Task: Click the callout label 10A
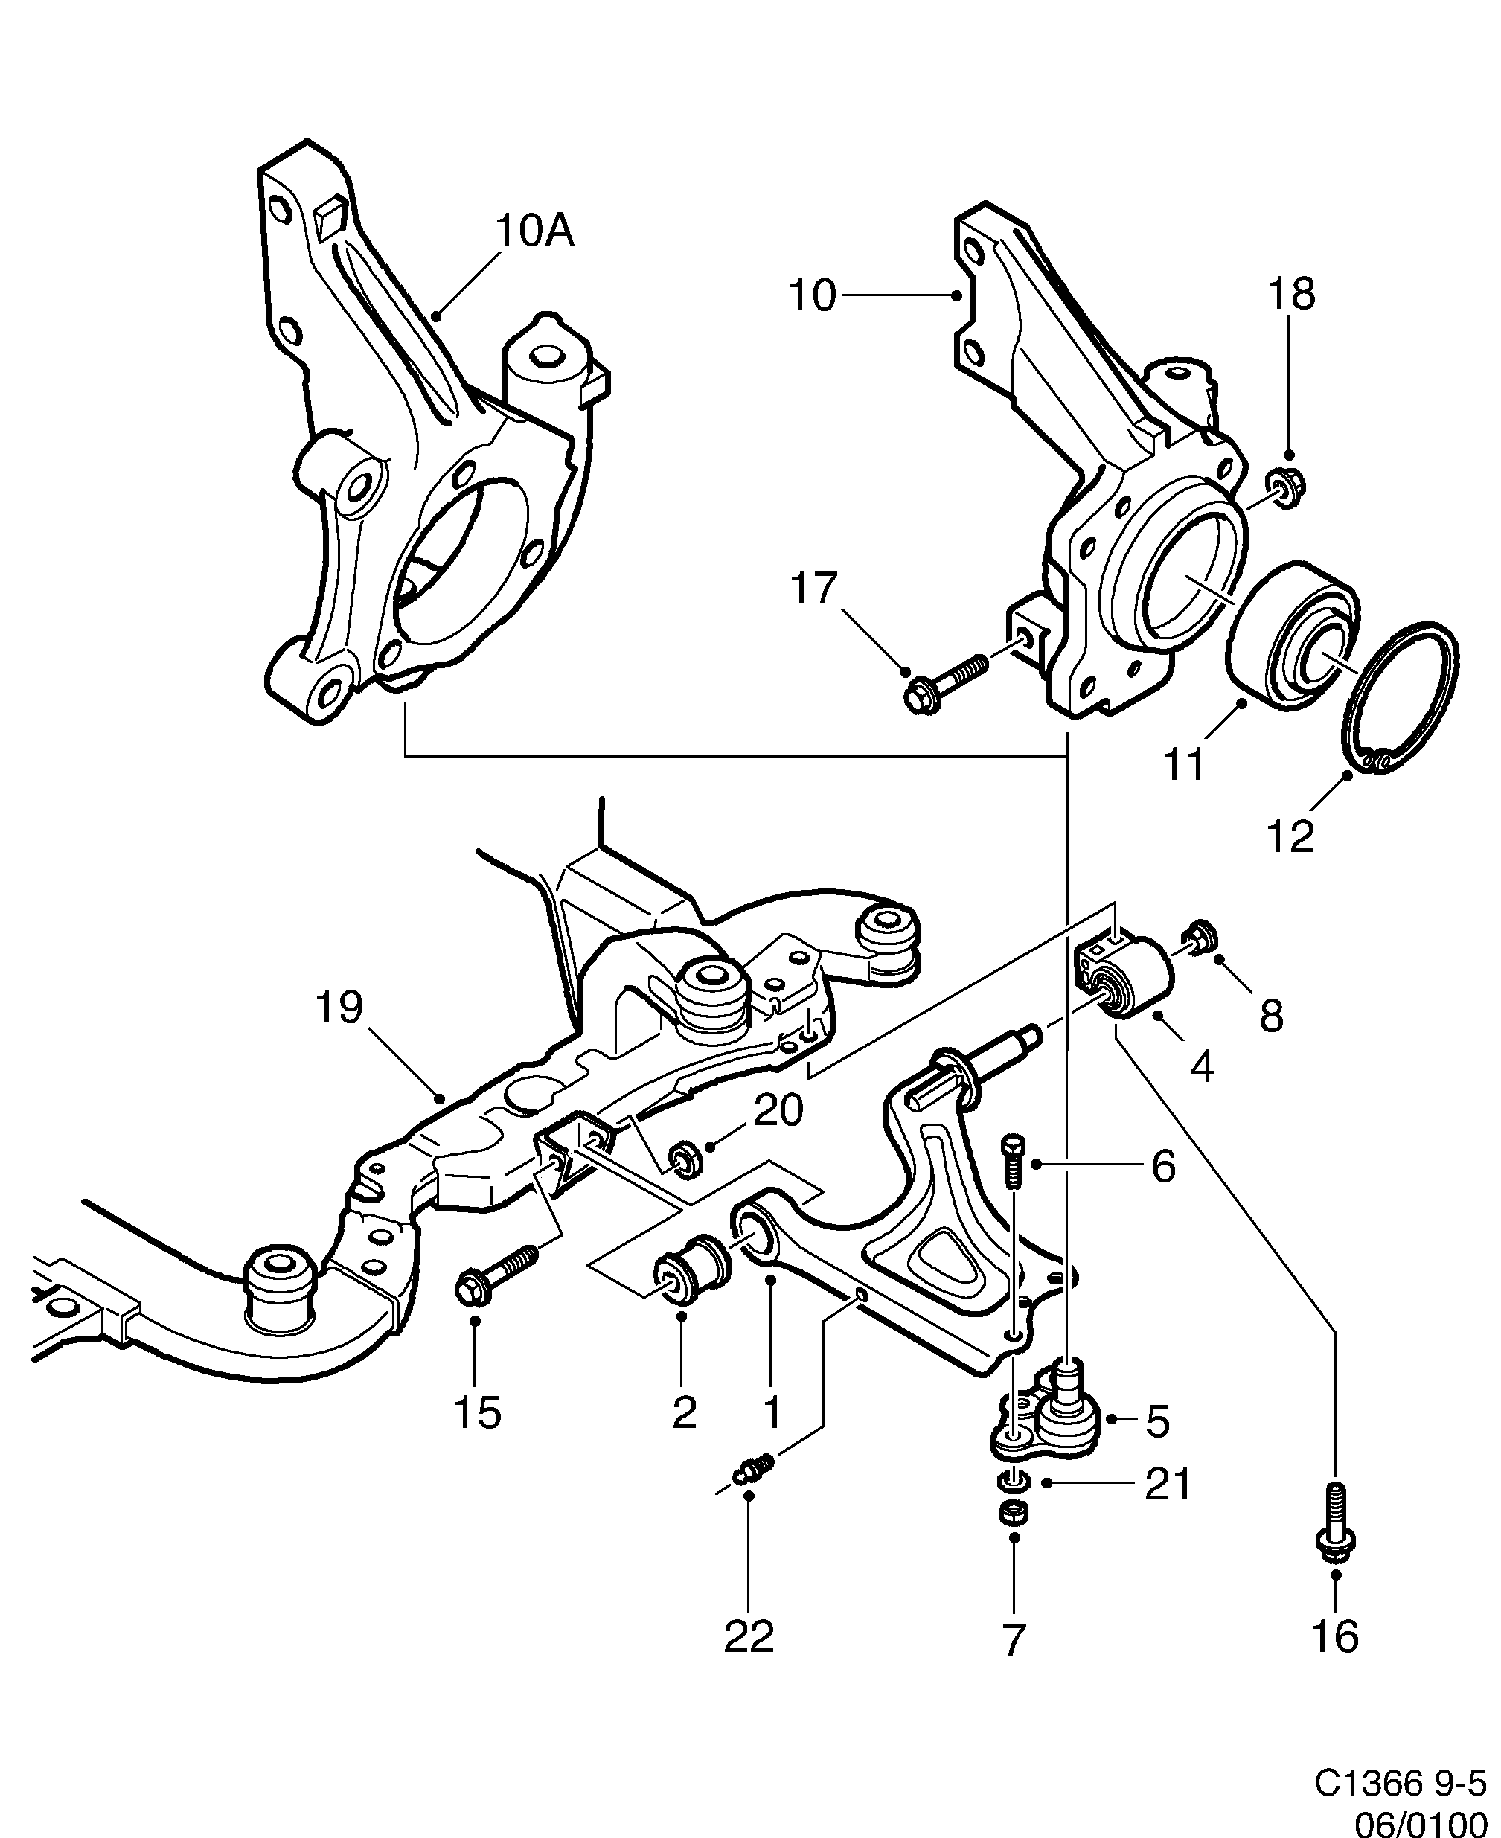[x=534, y=231]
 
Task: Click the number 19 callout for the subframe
[x=339, y=1008]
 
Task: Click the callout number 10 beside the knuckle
[x=813, y=296]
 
